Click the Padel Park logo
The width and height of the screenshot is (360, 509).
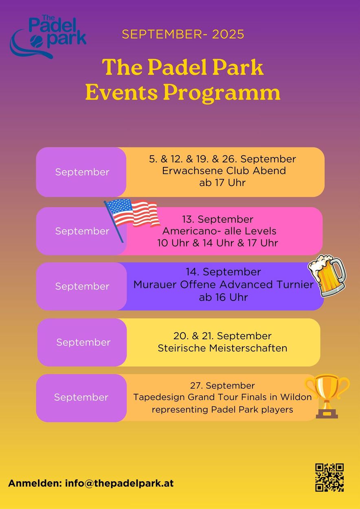[48, 36]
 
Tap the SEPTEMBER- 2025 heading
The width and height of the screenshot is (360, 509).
[183, 34]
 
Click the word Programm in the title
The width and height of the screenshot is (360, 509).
[222, 93]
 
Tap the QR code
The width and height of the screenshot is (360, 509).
[329, 477]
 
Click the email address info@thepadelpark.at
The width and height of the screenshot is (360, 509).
[119, 483]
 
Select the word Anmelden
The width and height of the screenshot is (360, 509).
[35, 483]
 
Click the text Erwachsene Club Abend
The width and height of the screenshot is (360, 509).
[224, 171]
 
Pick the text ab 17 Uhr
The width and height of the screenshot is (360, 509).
[222, 183]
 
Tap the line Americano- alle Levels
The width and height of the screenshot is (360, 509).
[220, 231]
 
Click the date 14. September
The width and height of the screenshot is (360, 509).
[224, 272]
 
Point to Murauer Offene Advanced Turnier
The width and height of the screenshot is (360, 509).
[224, 285]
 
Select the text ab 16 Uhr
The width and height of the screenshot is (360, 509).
[224, 297]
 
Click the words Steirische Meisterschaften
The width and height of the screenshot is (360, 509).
[222, 348]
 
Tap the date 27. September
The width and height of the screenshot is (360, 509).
[222, 386]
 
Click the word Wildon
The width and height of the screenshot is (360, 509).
[296, 397]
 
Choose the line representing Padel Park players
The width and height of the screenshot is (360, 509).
[222, 410]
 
